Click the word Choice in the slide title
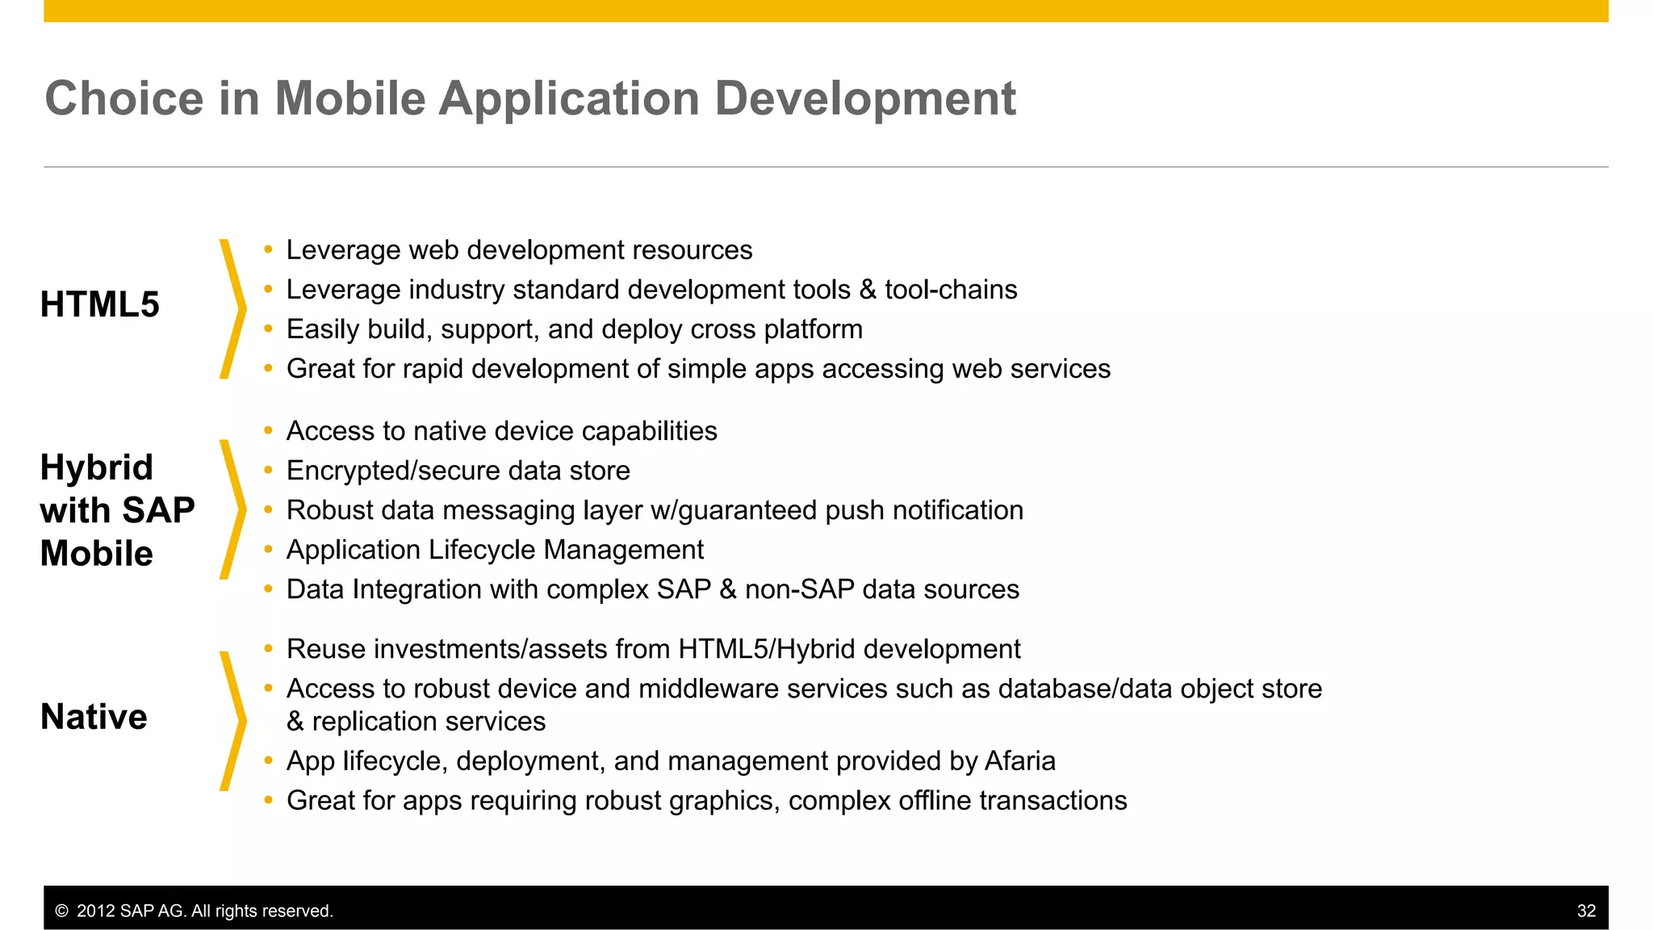coord(123,98)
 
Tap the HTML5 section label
coord(100,305)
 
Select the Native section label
coord(94,717)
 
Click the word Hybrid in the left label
coord(97,468)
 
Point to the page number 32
coord(1586,911)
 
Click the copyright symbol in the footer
coord(61,911)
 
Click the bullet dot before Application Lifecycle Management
coord(268,550)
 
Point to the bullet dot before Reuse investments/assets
coord(268,649)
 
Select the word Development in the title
coord(864,98)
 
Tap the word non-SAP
coord(799,589)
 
